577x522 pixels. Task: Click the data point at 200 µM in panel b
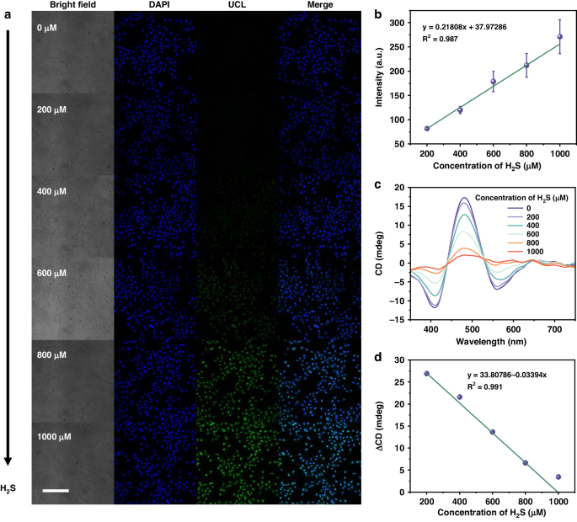pyautogui.click(x=427, y=129)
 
